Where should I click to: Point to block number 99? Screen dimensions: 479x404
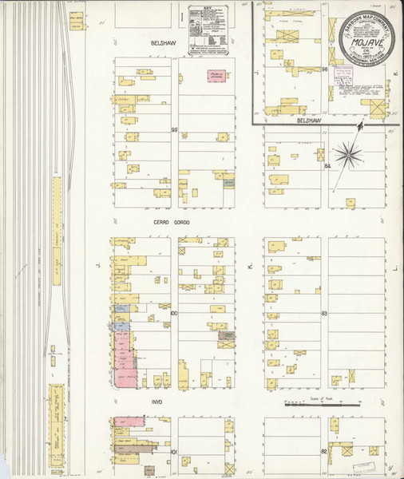[172, 129]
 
